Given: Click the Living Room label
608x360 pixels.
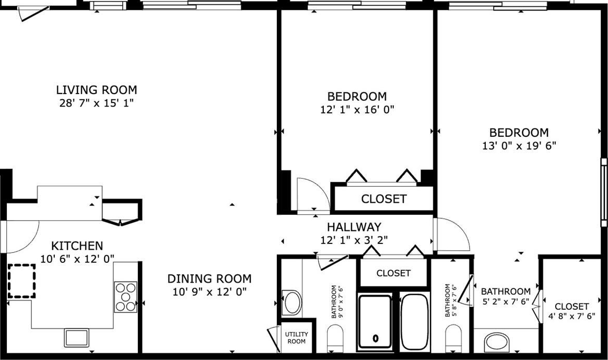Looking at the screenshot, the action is tap(97, 90).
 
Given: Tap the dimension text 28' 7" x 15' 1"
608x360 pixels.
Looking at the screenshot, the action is tap(97, 103).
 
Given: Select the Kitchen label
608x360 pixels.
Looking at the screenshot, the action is tap(77, 246).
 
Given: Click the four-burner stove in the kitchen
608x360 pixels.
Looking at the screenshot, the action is tap(126, 297).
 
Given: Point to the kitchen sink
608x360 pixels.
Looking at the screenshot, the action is tap(77, 338).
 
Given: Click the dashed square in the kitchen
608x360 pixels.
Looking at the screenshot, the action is tap(22, 281).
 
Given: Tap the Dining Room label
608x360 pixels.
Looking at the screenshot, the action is tap(209, 278).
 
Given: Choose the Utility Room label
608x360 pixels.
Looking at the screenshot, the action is tap(297, 338).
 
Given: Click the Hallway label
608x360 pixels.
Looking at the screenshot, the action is tap(354, 227).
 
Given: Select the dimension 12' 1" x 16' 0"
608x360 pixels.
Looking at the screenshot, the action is tap(357, 110).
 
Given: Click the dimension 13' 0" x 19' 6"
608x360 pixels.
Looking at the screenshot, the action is tap(519, 146).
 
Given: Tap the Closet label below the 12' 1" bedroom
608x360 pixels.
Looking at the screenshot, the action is tap(384, 199).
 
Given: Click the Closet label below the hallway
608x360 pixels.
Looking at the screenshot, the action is tap(393, 273).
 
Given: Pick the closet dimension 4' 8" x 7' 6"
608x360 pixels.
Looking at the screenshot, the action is tap(571, 316).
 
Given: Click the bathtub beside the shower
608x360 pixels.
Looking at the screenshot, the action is tap(415, 322).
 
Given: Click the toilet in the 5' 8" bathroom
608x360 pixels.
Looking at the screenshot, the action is tap(453, 338).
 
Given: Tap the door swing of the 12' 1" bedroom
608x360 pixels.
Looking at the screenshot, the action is tap(313, 194).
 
